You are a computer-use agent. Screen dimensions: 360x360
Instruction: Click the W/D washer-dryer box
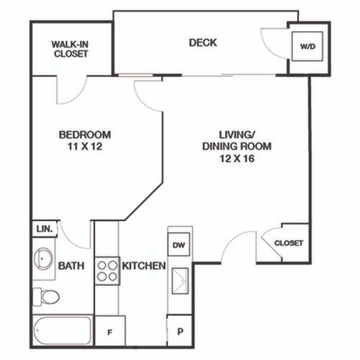(307, 46)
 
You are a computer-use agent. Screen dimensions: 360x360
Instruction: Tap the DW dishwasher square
(179, 244)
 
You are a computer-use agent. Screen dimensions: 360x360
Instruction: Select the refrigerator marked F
(110, 331)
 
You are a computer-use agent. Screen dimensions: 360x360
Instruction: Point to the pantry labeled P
(179, 330)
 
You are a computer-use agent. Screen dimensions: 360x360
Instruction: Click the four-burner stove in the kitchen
(107, 271)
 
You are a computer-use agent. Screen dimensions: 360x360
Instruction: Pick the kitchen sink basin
(180, 281)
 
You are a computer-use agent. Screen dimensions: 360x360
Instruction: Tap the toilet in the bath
(46, 297)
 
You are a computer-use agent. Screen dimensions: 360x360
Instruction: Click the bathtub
(63, 330)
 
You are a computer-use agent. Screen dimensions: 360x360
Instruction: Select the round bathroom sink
(42, 259)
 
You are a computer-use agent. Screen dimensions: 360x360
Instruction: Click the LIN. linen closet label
(45, 229)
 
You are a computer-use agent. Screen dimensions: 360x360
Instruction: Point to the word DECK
(203, 42)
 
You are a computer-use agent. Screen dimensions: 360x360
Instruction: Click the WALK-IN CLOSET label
(70, 49)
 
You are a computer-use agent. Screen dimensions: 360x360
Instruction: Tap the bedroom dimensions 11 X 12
(85, 146)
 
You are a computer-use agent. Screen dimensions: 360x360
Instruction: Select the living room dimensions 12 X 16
(237, 158)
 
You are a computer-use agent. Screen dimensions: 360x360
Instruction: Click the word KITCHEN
(144, 266)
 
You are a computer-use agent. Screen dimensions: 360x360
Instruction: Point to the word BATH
(71, 266)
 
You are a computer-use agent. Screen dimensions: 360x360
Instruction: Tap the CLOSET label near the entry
(289, 243)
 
